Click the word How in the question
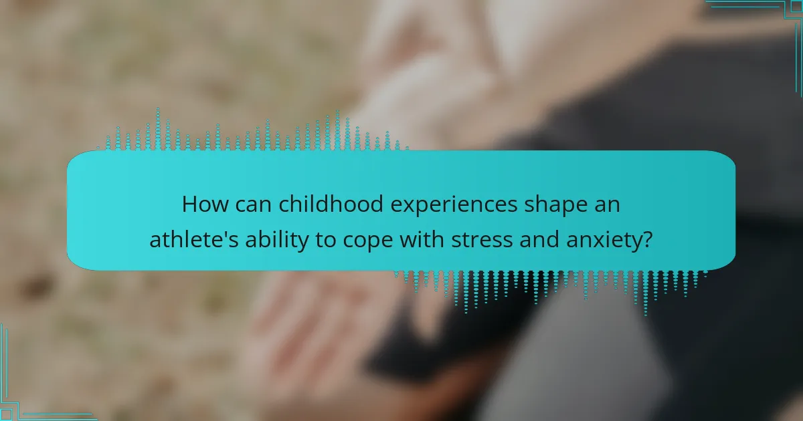(x=203, y=204)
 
